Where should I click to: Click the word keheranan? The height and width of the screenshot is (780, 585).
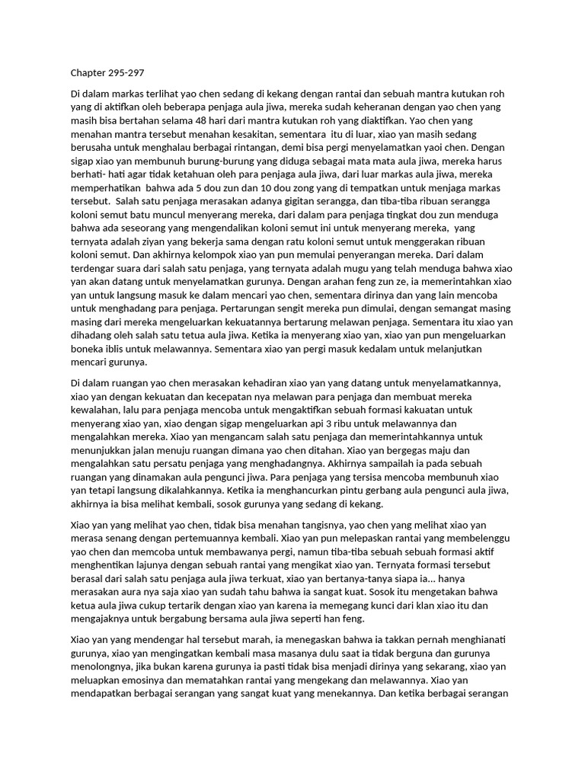tap(404, 107)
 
